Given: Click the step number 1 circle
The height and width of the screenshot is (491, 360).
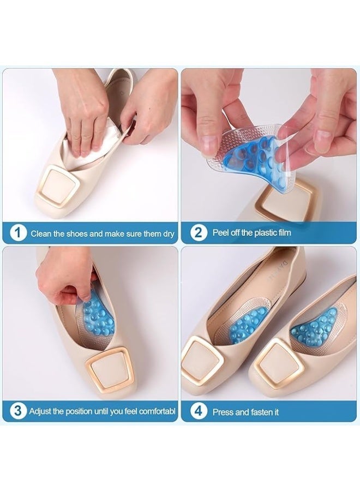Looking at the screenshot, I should pyautogui.click(x=18, y=233).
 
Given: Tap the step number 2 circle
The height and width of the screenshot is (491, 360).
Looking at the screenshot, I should pyautogui.click(x=198, y=233).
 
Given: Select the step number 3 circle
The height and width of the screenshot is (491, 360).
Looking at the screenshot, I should pyautogui.click(x=18, y=411).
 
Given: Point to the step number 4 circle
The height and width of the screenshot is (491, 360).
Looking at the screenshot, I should pyautogui.click(x=198, y=411).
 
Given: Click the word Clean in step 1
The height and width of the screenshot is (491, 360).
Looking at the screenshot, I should pyautogui.click(x=41, y=233).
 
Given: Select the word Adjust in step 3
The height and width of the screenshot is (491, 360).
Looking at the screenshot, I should pyautogui.click(x=41, y=411).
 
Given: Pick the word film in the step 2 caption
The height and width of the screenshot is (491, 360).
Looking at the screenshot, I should pyautogui.click(x=283, y=233).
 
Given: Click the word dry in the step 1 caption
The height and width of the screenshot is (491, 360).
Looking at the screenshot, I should pyautogui.click(x=168, y=233).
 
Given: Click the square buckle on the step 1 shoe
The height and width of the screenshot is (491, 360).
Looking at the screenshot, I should pyautogui.click(x=60, y=185).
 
